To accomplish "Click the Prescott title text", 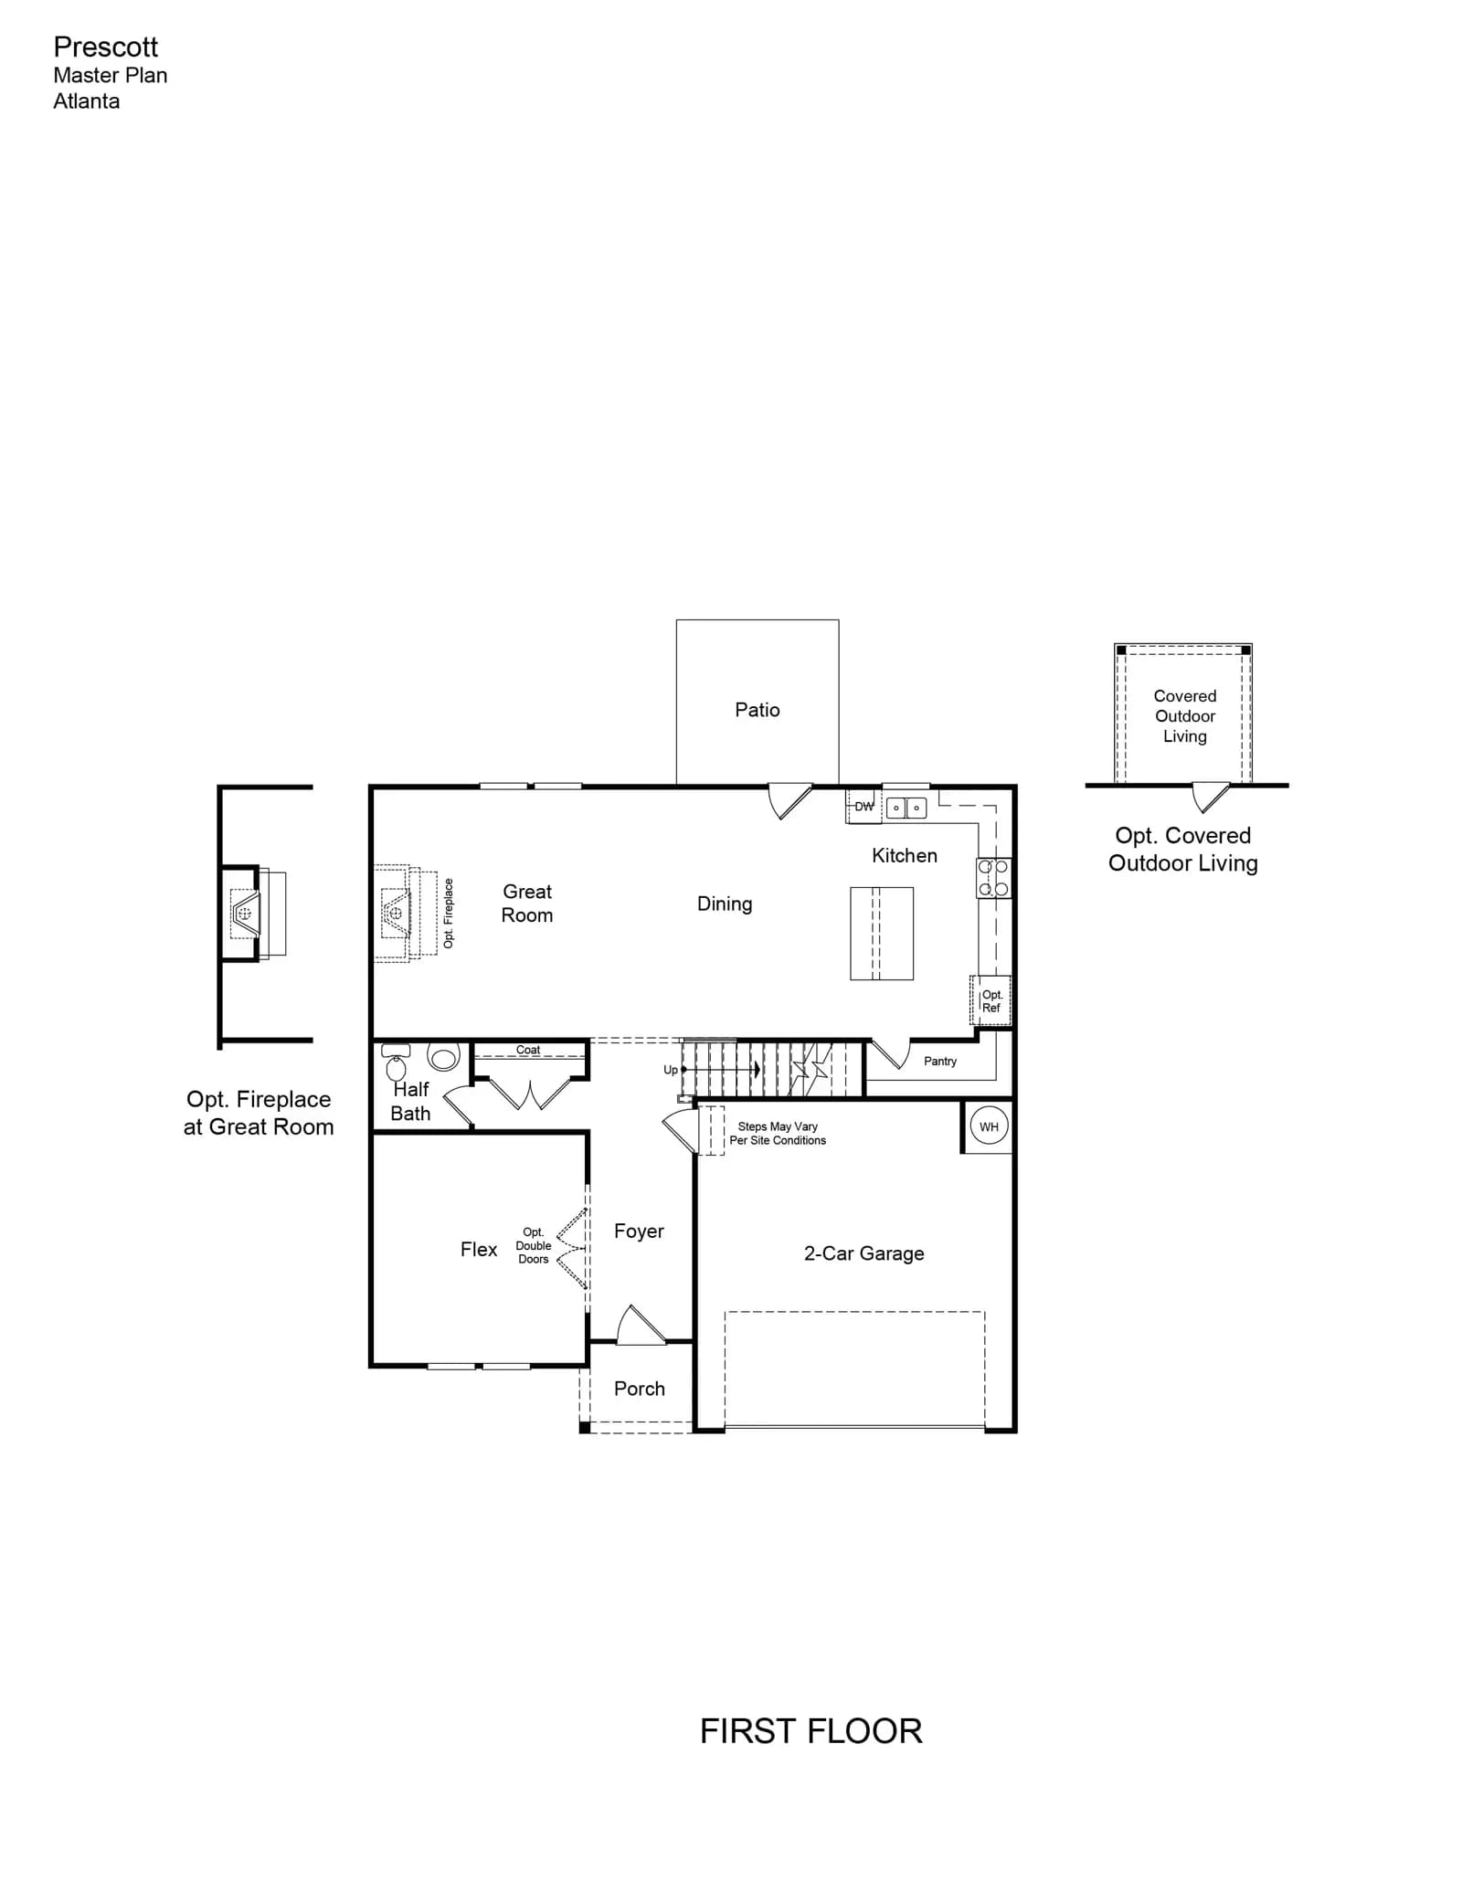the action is [x=105, y=47].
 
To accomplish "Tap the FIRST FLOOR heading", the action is [x=810, y=1731].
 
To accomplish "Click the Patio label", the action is [x=757, y=710].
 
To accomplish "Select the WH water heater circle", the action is [x=989, y=1126].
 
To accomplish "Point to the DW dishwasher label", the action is [x=863, y=807].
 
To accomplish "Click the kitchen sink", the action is [x=906, y=808].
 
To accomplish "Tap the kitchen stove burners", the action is [x=994, y=878].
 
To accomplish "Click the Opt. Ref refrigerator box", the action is [x=991, y=1001].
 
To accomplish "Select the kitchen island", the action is [x=882, y=934].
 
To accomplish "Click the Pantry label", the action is [x=940, y=1061].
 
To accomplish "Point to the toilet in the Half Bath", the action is [x=396, y=1062].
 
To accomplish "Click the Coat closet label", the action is [x=528, y=1050].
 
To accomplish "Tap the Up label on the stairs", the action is [x=671, y=1070].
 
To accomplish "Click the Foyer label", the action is [x=639, y=1231].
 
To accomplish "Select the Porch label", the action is [x=640, y=1389].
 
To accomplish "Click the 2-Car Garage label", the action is [x=863, y=1253].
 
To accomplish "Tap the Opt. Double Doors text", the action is [x=534, y=1245].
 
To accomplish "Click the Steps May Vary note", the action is [x=778, y=1133].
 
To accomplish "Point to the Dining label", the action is [x=725, y=904].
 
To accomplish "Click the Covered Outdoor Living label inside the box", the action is [x=1185, y=716].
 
